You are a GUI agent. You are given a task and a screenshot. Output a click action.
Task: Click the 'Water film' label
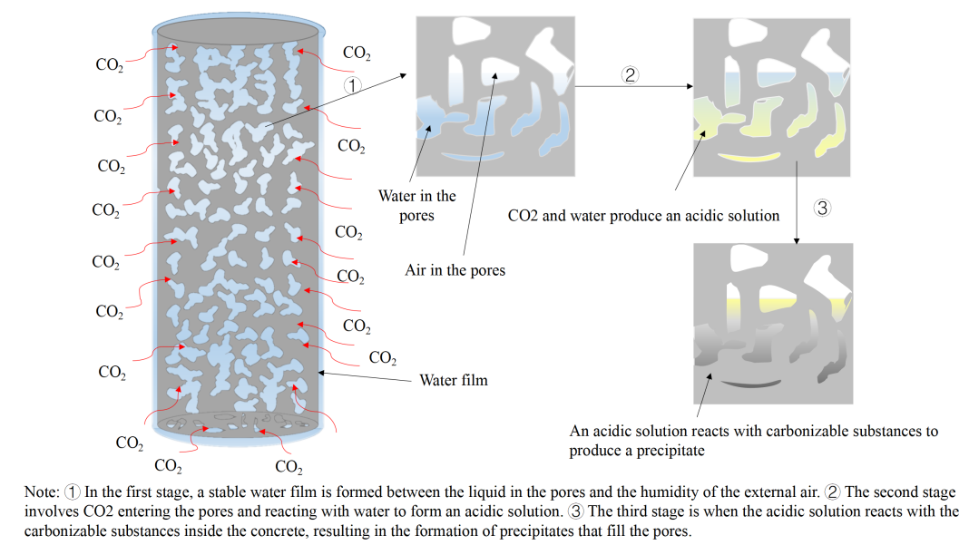[x=453, y=380]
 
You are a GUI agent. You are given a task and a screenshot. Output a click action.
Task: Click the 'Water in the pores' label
[x=417, y=206]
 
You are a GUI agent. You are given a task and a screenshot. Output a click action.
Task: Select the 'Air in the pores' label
[x=455, y=270]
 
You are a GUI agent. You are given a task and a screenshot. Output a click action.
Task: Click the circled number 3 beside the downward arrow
[x=822, y=208]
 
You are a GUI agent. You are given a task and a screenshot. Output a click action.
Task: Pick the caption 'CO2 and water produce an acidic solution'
[x=643, y=216]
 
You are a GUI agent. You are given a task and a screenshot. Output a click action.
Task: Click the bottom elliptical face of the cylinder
[x=240, y=423]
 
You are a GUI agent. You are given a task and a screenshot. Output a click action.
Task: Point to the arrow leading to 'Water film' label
[x=363, y=375]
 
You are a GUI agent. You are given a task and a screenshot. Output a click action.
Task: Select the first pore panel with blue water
[x=494, y=96]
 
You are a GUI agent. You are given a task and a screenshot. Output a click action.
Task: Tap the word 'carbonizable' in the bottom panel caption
[x=799, y=432]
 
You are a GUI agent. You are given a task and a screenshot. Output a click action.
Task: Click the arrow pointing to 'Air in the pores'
[x=478, y=164]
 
